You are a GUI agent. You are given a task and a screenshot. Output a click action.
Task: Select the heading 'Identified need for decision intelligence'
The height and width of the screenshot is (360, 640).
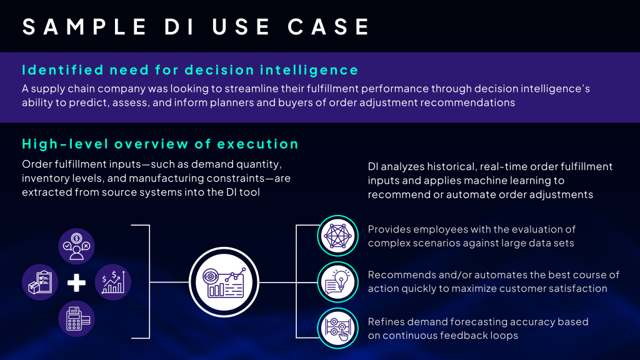pyautogui.click(x=190, y=69)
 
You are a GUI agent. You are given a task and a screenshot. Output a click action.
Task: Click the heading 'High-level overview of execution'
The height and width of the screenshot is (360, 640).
pyautogui.click(x=160, y=144)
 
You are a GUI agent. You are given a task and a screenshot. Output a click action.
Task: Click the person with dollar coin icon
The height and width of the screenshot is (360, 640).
pyautogui.click(x=76, y=246)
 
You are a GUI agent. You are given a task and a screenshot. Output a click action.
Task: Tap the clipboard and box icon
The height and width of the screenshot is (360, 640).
pyautogui.click(x=40, y=282)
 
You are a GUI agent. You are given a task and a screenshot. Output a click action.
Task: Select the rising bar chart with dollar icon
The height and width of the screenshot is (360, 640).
pyautogui.click(x=113, y=282)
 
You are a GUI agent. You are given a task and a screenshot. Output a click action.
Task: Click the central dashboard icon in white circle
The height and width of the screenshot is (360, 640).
pyautogui.click(x=224, y=282)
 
